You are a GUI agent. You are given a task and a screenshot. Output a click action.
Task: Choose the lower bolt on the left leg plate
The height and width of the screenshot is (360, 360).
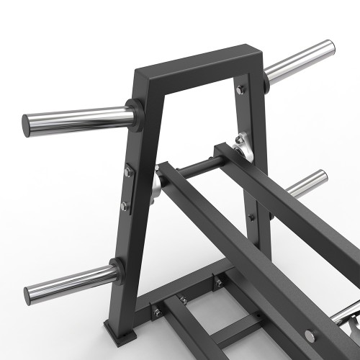pos(125,207)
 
